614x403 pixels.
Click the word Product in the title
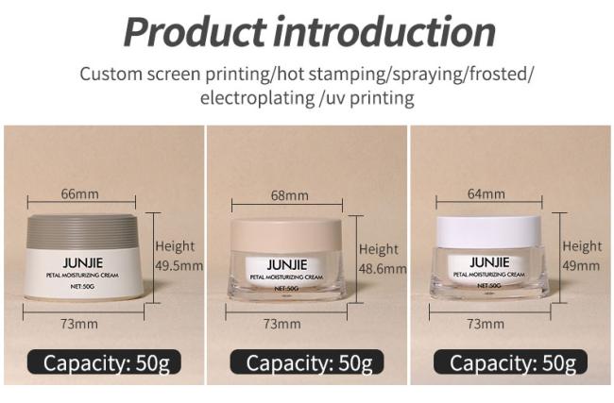coord(195,32)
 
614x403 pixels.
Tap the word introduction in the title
coord(384,32)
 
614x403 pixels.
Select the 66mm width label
coord(80,194)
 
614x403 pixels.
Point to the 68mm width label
coord(290,195)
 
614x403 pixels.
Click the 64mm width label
coord(486,194)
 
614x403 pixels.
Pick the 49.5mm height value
coord(179,266)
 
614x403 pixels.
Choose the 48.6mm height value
coord(383,269)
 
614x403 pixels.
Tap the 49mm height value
coord(581,266)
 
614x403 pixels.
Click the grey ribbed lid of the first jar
coord(82,231)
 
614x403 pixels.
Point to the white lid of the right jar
coord(488,231)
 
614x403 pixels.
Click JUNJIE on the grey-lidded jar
coord(82,262)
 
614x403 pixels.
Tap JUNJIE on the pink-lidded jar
coord(287,265)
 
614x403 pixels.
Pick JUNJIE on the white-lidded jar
coord(489,262)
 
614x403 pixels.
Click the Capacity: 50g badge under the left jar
coord(104,361)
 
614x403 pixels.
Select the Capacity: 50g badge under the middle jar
coord(307,361)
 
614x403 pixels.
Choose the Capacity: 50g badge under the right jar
coord(511,361)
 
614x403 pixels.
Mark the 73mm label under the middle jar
coord(281,324)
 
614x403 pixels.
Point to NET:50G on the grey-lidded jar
coord(82,286)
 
